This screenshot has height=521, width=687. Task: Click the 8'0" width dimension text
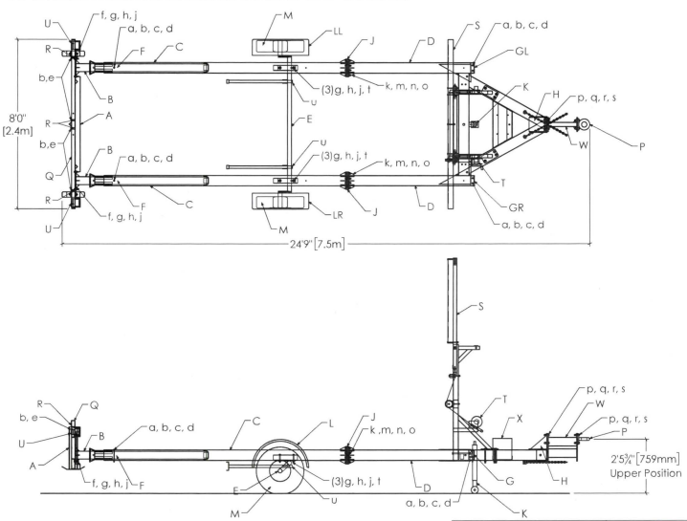18,119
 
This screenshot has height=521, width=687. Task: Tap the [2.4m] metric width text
17,130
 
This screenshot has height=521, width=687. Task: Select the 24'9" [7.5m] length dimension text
318,244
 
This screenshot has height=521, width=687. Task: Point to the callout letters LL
338,32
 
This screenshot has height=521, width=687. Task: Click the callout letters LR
338,215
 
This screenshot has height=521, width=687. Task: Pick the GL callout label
521,52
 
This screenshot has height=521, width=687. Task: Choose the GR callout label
516,207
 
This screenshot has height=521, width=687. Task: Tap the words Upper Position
645,473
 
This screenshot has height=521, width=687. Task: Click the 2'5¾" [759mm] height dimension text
645,459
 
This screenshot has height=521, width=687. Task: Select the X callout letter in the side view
520,419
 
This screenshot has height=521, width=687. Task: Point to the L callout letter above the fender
331,423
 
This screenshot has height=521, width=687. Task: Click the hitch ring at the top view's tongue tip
584,125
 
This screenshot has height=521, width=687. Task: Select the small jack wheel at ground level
475,489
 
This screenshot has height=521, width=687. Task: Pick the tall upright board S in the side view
453,301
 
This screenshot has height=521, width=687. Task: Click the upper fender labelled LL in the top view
280,47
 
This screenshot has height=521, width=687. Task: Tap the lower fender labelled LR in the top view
280,202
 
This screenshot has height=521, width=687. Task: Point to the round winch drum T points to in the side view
476,423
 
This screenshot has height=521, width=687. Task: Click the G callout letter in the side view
510,481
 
